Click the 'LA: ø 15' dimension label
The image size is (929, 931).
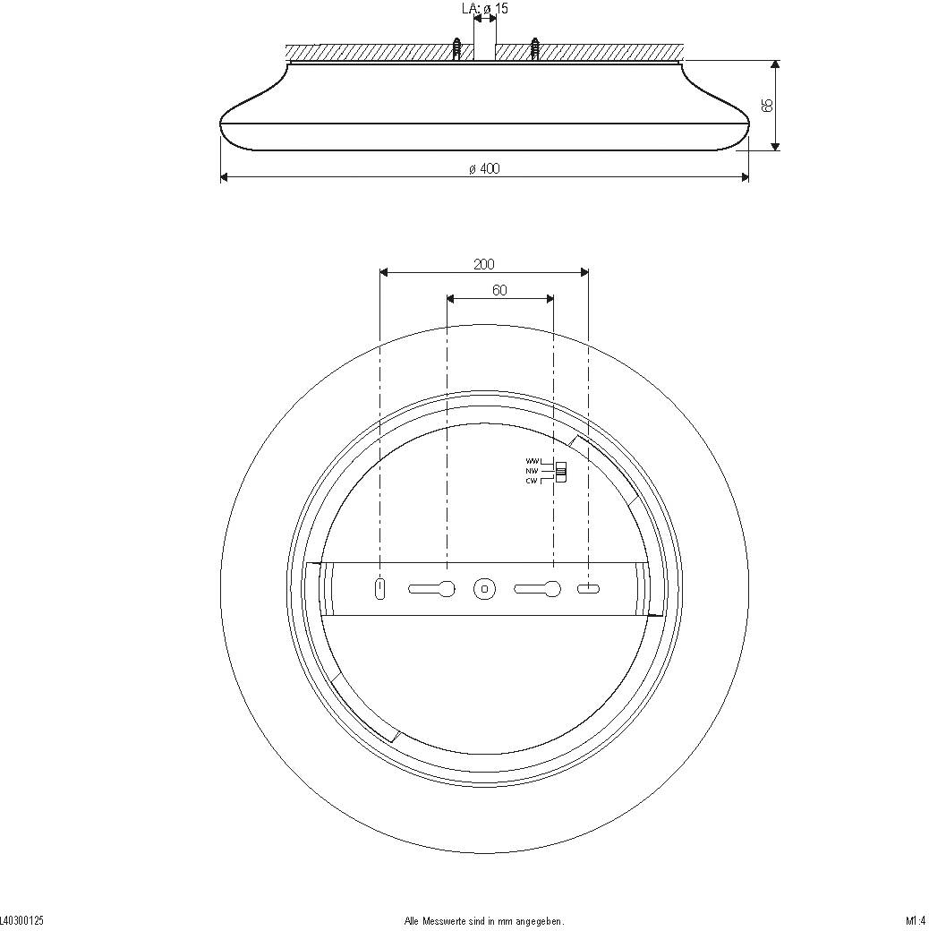pyautogui.click(x=484, y=9)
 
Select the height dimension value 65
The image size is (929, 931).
pyautogui.click(x=766, y=105)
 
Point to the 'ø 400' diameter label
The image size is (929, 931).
pyautogui.click(x=484, y=169)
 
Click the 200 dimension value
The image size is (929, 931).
pyautogui.click(x=484, y=264)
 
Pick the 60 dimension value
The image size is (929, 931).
pyautogui.click(x=499, y=290)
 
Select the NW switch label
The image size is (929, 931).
pyautogui.click(x=532, y=470)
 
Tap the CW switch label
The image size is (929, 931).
pyautogui.click(x=532, y=481)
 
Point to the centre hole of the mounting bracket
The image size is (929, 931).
pyautogui.click(x=484, y=588)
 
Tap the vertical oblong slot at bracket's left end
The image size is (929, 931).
pyautogui.click(x=380, y=588)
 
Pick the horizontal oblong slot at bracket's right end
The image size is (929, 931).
pyautogui.click(x=588, y=588)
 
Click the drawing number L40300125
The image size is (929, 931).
pyautogui.click(x=22, y=920)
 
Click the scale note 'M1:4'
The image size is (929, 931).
pyautogui.click(x=915, y=920)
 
